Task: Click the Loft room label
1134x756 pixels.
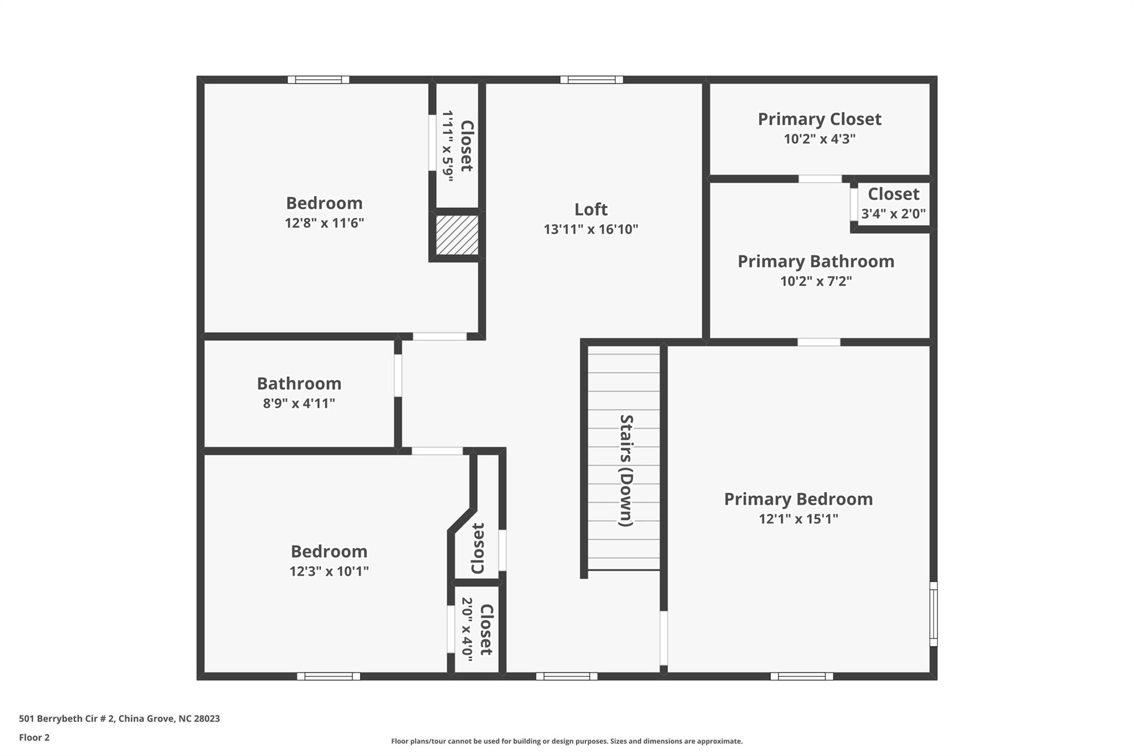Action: [591, 209]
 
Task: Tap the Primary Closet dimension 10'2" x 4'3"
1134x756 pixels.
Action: [819, 138]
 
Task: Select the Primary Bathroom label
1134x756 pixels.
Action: [816, 261]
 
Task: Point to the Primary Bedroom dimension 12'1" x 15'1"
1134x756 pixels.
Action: [798, 519]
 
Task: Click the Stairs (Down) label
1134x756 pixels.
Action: [626, 470]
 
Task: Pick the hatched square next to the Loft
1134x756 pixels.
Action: [457, 235]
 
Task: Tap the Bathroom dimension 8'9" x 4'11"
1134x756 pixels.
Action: [299, 403]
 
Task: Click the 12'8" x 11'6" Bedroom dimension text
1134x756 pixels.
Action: [324, 223]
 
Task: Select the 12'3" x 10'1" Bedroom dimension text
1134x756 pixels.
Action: [329, 571]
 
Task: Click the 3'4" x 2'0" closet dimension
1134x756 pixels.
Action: [893, 214]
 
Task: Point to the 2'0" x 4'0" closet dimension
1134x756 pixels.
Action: [467, 629]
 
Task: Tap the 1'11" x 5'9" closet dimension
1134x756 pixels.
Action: [447, 146]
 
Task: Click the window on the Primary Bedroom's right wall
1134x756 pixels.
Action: [934, 614]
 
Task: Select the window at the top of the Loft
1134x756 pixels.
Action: [591, 80]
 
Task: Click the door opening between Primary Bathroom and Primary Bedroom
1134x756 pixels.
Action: [819, 342]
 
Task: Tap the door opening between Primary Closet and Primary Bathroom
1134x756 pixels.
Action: [820, 179]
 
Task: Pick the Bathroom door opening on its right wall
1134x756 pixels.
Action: [398, 375]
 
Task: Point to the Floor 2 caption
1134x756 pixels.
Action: [34, 737]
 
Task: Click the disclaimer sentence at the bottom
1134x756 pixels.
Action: [567, 741]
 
